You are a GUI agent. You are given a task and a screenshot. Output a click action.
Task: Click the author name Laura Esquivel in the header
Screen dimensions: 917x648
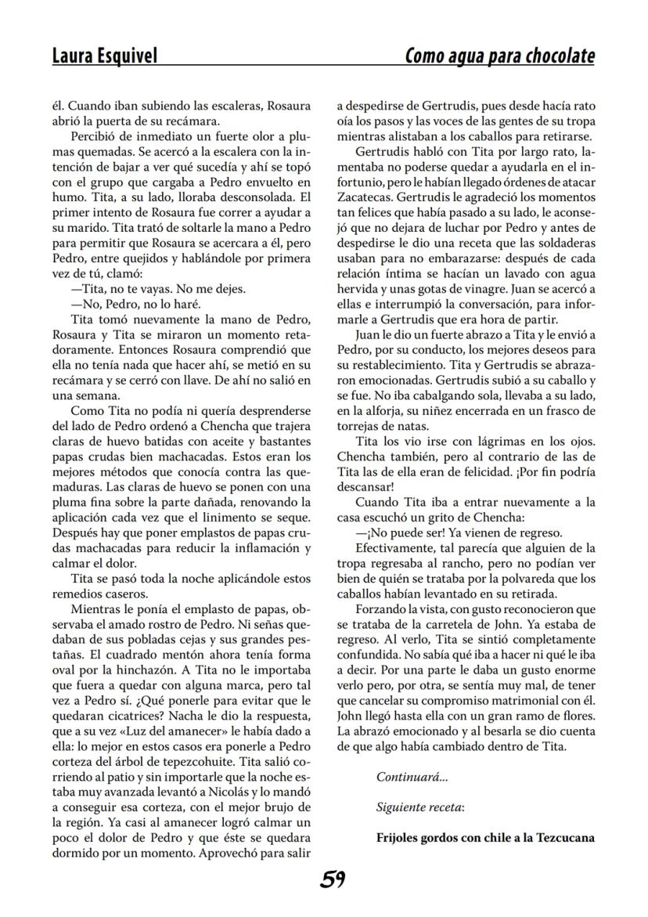point(104,56)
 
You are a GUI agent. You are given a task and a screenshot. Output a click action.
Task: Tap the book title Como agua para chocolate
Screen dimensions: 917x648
point(499,56)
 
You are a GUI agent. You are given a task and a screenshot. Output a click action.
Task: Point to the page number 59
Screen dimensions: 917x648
point(332,879)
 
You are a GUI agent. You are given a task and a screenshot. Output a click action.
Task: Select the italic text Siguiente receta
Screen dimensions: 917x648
point(419,807)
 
